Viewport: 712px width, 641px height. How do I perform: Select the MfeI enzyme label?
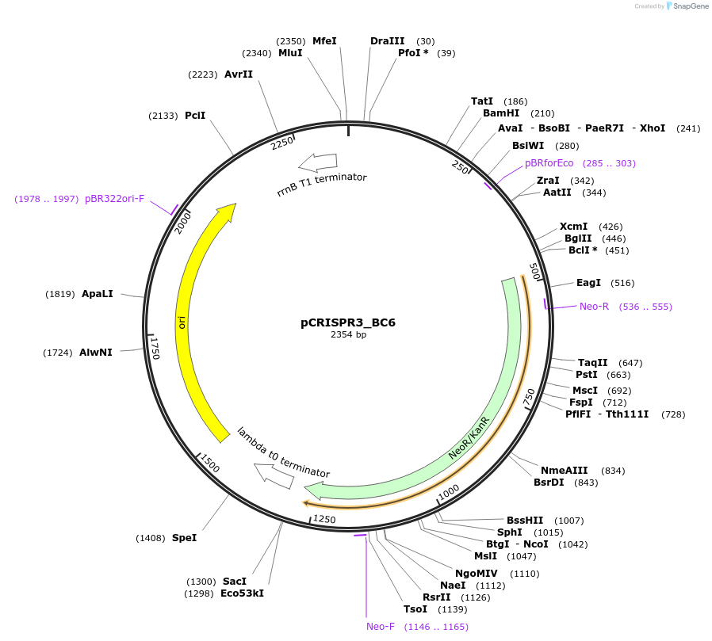pos(324,40)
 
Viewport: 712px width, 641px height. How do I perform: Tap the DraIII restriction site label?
pos(387,40)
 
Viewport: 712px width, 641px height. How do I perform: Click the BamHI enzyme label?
pos(501,113)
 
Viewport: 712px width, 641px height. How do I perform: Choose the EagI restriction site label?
pos(588,283)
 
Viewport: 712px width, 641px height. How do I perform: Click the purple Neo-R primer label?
pos(594,307)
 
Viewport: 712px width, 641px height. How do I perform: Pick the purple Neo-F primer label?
pos(381,627)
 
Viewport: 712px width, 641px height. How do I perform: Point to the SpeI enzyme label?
pos(184,538)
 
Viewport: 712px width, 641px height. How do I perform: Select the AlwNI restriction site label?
pos(96,353)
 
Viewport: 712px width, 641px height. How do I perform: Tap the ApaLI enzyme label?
pos(98,294)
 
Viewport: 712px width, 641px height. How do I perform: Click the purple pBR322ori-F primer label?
pos(115,199)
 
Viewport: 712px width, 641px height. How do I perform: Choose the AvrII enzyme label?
pos(239,74)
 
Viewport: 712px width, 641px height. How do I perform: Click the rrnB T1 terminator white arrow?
pos(317,162)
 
